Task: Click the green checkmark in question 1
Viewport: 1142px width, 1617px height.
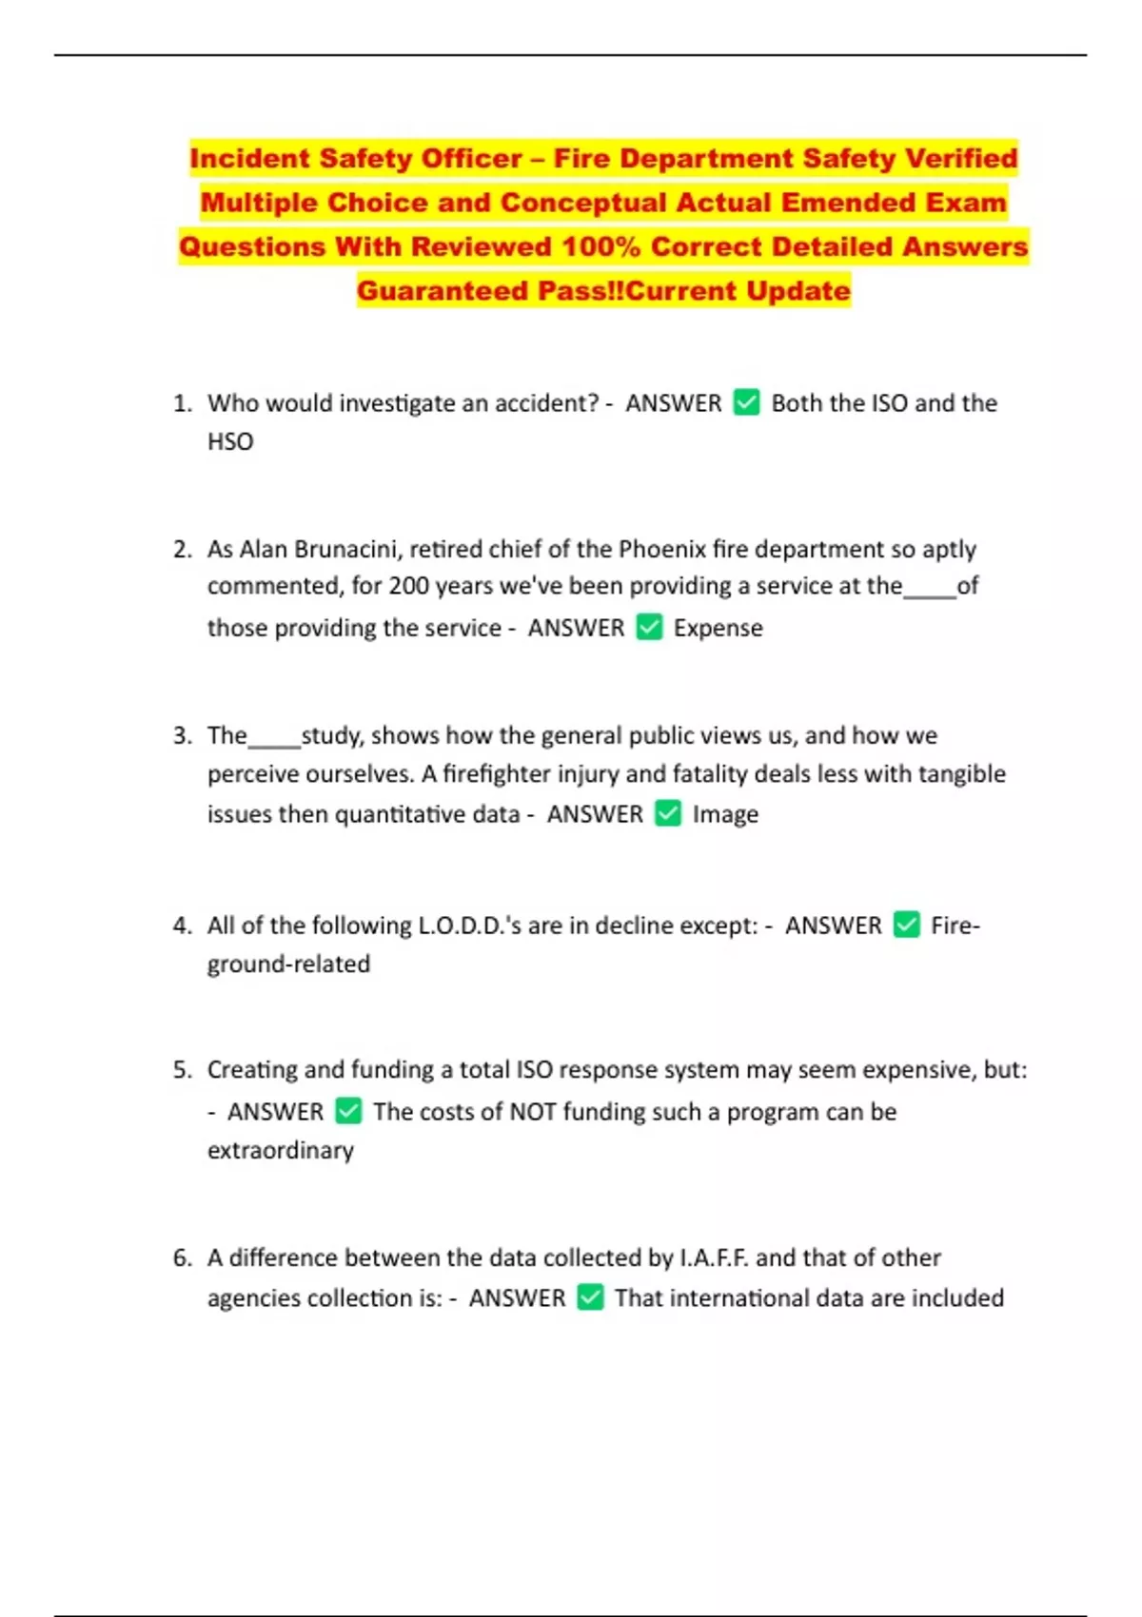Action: click(746, 402)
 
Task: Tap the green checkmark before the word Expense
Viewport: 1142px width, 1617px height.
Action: click(649, 627)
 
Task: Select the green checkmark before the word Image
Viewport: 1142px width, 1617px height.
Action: click(668, 813)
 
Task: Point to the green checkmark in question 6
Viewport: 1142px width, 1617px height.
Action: click(590, 1297)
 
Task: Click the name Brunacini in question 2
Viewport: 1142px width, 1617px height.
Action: click(333, 549)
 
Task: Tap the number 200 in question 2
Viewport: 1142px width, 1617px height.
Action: click(408, 586)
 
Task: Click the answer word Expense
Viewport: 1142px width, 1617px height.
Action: click(718, 628)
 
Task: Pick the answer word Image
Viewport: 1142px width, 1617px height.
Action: click(725, 814)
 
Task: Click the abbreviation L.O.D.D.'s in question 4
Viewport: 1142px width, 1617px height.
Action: click(469, 925)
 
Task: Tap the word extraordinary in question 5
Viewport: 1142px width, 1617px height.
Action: click(281, 1150)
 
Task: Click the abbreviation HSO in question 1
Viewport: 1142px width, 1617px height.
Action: click(230, 441)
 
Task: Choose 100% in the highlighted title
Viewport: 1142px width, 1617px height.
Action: click(600, 246)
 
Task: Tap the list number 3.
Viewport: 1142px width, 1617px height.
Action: click(182, 735)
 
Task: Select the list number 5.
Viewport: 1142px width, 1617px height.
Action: click(182, 1070)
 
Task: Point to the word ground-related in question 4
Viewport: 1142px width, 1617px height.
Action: click(288, 964)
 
